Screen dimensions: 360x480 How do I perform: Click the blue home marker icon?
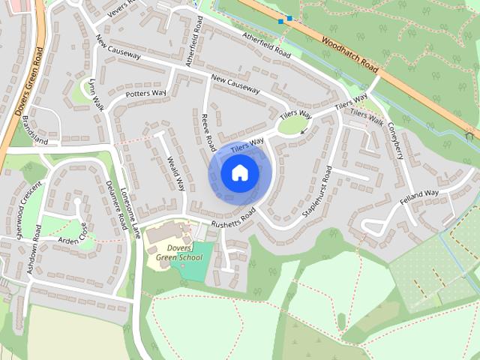tap(240, 173)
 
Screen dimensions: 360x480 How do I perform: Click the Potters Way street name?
tap(145, 94)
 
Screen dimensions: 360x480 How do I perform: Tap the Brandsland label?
tap(34, 130)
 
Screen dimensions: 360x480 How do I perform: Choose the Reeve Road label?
tap(208, 131)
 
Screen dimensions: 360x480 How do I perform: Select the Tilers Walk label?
tap(367, 118)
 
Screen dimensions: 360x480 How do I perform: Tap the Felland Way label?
tap(418, 199)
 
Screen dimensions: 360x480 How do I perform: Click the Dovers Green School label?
tap(180, 252)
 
